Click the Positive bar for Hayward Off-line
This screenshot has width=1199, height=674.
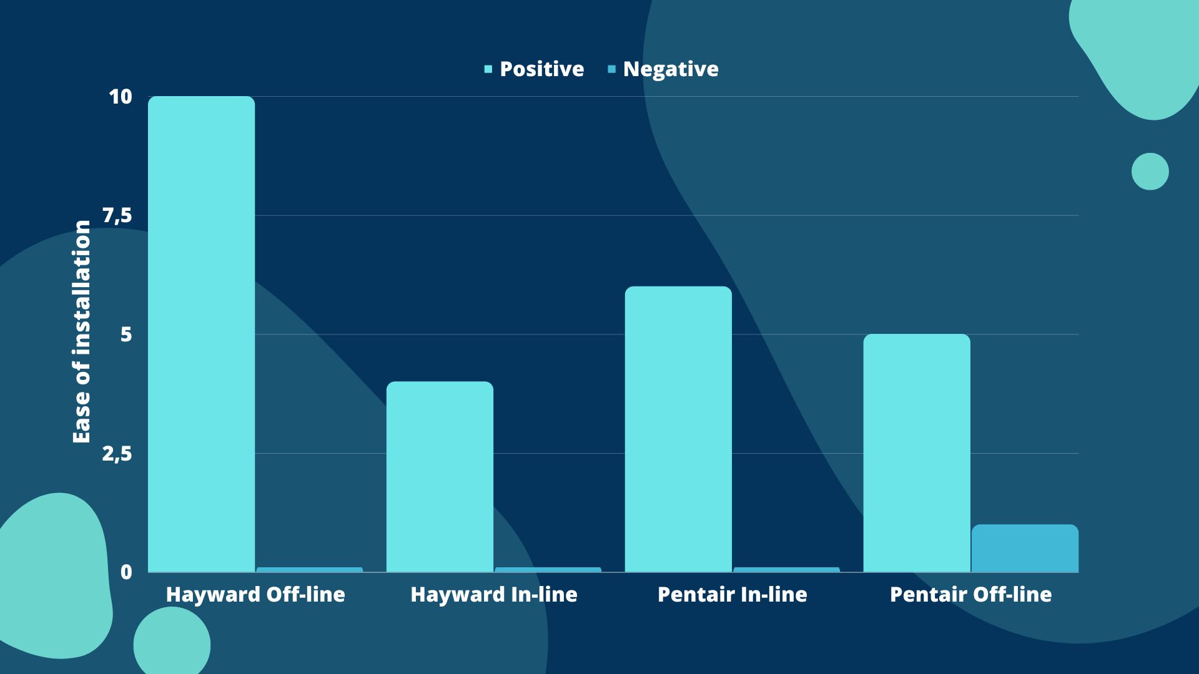point(201,334)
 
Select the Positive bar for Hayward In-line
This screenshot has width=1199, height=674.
point(440,477)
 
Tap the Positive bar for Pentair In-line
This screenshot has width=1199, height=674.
point(678,429)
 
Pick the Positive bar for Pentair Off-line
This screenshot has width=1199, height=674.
point(917,453)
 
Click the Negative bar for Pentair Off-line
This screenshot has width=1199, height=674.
point(1025,549)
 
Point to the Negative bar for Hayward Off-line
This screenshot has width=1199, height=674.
point(310,570)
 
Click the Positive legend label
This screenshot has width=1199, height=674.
point(542,69)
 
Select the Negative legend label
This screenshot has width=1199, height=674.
point(671,69)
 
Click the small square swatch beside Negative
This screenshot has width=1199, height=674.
point(612,69)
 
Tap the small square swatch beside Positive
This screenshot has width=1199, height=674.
point(488,69)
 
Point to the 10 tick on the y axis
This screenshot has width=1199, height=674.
point(121,97)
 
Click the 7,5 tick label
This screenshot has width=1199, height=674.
point(117,216)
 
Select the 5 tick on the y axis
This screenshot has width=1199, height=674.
point(127,335)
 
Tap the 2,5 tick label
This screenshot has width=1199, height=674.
point(117,454)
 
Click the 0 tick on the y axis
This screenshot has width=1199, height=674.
point(127,572)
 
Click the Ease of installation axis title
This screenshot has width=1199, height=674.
point(81,332)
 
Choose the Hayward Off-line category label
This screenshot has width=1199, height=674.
point(255,595)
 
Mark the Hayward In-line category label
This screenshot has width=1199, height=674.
point(494,595)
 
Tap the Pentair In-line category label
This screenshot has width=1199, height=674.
point(733,595)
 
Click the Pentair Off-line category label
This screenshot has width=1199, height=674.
point(971,595)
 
